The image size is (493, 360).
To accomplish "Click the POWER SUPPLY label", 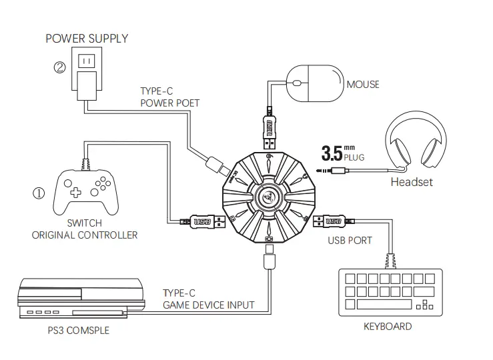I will (87, 38).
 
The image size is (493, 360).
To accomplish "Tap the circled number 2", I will (60, 67).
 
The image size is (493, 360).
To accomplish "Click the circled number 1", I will (39, 194).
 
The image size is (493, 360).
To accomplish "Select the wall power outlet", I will (86, 62).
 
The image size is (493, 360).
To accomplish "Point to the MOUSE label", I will (363, 85).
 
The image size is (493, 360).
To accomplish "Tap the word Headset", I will (412, 181).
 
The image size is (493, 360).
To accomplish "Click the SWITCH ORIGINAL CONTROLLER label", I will (85, 229).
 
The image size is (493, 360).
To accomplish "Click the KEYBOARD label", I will (387, 326).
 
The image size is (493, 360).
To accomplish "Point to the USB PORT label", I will (350, 239).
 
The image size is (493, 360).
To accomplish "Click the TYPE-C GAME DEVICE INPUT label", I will (208, 299).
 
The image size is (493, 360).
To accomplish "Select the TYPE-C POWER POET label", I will (169, 97).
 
